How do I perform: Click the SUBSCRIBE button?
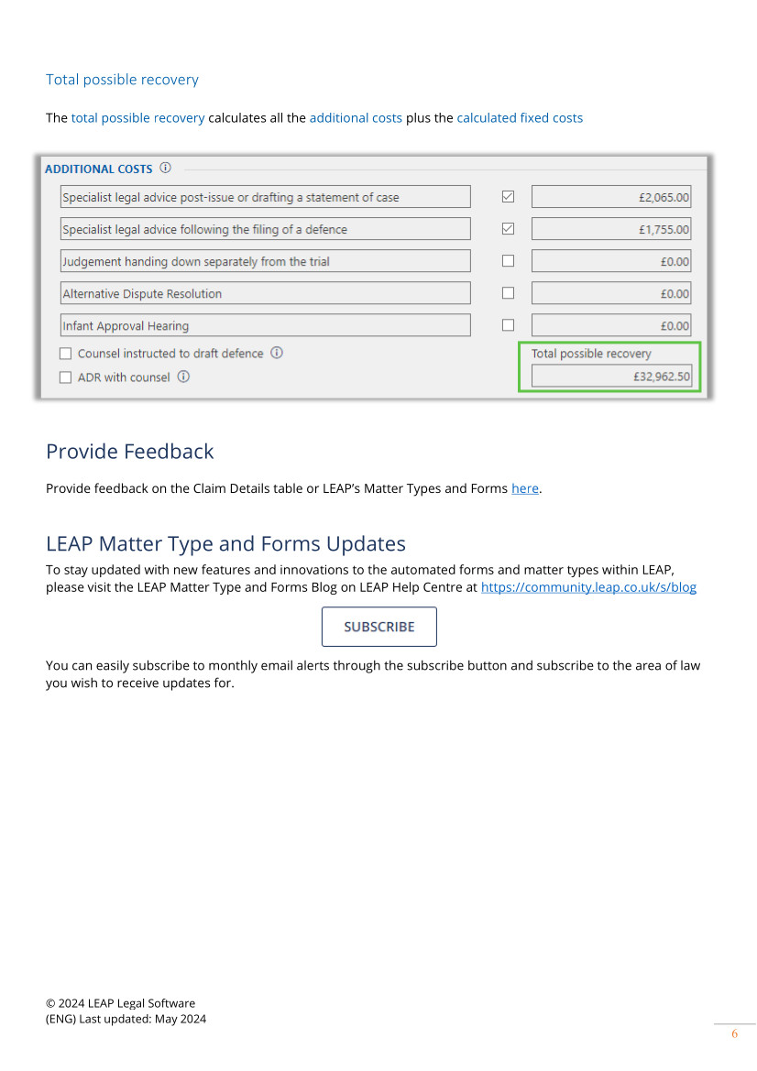tap(378, 627)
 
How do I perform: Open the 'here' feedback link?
tap(525, 488)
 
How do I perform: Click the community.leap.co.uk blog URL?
tap(588, 587)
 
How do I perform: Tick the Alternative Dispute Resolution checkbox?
tap(508, 293)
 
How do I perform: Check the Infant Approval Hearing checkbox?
tap(508, 325)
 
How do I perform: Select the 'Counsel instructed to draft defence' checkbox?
tap(65, 354)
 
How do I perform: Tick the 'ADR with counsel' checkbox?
tap(65, 377)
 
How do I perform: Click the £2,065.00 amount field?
tap(611, 197)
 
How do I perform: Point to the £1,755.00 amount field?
tap(611, 229)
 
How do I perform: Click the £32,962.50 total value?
tap(611, 376)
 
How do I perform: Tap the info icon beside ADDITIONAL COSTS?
tap(165, 168)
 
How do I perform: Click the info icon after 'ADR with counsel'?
tap(183, 377)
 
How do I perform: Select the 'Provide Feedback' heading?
tap(129, 452)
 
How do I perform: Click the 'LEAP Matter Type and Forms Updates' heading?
tap(225, 544)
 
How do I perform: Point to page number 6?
tap(734, 1034)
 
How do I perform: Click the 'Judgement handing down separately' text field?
tap(265, 261)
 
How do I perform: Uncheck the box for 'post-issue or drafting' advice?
tap(508, 196)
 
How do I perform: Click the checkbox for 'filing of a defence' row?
tap(508, 229)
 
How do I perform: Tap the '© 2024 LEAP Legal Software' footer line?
tap(120, 1003)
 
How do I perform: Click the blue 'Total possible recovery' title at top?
tap(122, 80)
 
